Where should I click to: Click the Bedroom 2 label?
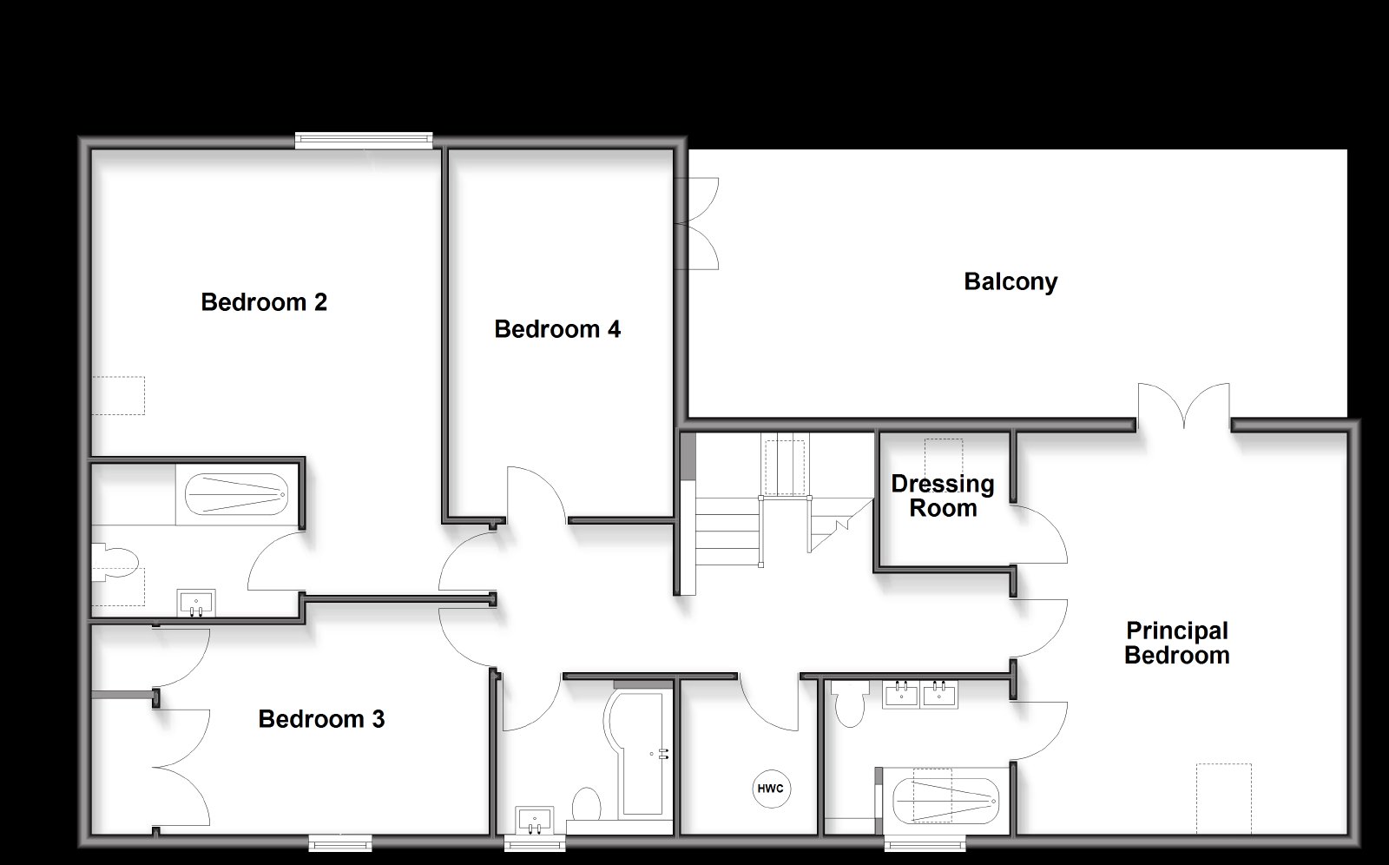pos(264,302)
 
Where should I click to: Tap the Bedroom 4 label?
pos(556,329)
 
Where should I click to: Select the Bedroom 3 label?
pos(321,718)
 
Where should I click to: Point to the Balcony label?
pos(1010,281)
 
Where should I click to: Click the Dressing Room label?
pos(943,496)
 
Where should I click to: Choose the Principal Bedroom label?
pos(1177,643)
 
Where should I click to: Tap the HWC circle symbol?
pos(771,789)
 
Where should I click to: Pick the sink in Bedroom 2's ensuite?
pos(196,603)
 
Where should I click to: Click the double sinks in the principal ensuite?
pos(920,695)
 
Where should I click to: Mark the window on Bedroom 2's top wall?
pos(364,140)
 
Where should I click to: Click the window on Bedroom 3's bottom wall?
pos(340,842)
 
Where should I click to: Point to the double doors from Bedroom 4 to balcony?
pos(698,223)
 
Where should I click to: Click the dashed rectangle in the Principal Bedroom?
pos(1224,799)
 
